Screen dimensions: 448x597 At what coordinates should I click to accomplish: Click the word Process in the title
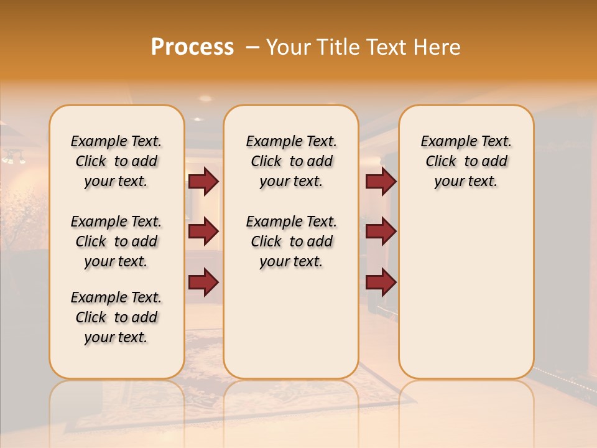(192, 47)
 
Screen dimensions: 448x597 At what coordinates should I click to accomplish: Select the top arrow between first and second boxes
(203, 182)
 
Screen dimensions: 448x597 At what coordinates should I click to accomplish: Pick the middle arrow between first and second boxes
(203, 232)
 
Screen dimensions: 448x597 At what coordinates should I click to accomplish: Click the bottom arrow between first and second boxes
(203, 281)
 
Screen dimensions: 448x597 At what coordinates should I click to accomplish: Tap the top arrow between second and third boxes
(381, 182)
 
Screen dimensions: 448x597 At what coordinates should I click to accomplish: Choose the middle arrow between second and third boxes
(381, 232)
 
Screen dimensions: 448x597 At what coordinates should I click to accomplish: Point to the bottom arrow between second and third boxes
(381, 281)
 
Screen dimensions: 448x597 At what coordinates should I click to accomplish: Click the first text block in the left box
(116, 161)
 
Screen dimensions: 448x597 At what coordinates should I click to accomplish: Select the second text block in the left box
(116, 241)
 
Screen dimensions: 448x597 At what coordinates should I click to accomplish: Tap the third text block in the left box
(116, 317)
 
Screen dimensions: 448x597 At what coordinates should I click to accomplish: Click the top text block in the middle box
(291, 161)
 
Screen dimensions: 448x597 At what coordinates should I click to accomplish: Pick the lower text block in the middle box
(291, 241)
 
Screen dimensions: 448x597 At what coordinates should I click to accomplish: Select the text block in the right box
(466, 161)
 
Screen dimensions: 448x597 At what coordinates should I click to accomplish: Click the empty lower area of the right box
(466, 286)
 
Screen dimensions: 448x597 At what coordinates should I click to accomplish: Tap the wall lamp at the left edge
(12, 157)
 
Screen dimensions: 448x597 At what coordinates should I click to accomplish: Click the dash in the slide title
(252, 48)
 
